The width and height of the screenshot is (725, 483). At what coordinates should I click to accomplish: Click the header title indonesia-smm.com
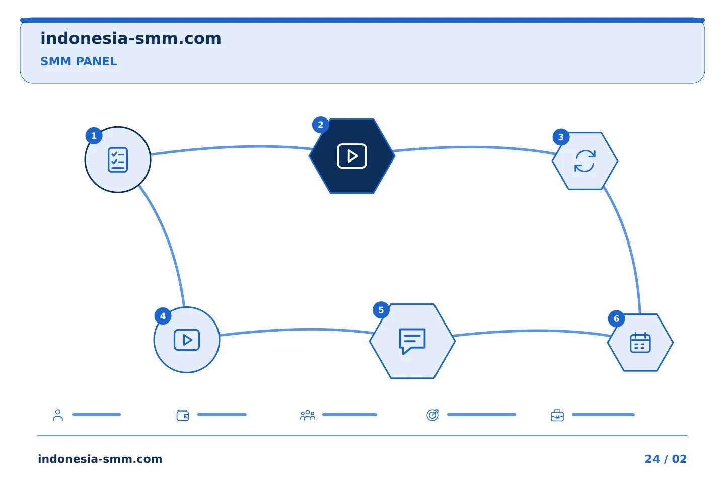tap(131, 39)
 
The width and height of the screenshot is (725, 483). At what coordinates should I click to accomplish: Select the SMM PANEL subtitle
tap(79, 61)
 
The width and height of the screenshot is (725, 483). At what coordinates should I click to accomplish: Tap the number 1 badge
tap(94, 135)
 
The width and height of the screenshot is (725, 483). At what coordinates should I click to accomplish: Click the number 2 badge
tap(320, 125)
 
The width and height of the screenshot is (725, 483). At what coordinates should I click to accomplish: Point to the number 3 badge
tap(561, 137)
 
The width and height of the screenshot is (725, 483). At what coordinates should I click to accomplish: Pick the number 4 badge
tap(163, 316)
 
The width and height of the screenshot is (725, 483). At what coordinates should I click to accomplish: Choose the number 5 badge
tap(381, 310)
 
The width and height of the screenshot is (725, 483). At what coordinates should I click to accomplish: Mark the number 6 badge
tap(616, 318)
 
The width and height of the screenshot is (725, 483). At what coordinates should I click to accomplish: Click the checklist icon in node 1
tap(118, 160)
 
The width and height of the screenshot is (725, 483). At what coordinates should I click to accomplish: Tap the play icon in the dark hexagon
tap(352, 156)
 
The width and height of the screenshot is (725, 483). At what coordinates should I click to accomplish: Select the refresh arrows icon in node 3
tap(585, 161)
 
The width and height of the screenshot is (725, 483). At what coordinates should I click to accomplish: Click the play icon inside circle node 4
tap(187, 340)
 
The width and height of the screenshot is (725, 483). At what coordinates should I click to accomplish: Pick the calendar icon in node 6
tap(640, 342)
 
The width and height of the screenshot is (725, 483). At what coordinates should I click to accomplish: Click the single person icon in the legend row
tap(58, 415)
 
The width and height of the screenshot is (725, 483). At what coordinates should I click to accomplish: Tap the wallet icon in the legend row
tap(183, 415)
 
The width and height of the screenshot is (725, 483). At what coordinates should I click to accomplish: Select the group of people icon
tap(308, 415)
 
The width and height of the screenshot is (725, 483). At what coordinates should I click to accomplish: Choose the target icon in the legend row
tap(432, 415)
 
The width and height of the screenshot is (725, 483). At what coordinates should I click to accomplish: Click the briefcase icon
tap(557, 416)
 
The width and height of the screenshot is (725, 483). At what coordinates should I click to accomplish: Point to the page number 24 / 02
tap(666, 459)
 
